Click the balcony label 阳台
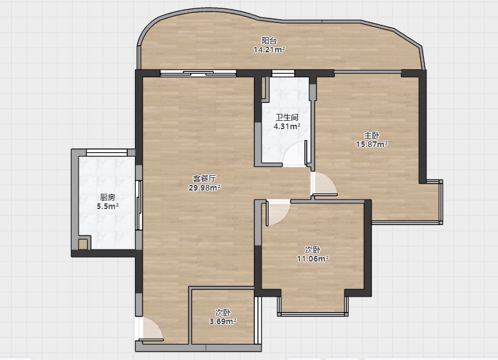point(269,41)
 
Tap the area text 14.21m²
point(269,50)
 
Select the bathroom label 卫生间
point(287,117)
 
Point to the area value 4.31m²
point(287,126)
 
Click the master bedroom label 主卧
point(371,136)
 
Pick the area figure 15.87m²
point(371,145)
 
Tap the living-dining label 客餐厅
point(205,178)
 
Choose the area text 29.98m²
point(205,187)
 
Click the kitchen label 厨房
point(107,198)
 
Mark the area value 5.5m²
point(107,206)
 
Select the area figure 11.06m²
point(313,258)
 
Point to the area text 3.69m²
point(222,321)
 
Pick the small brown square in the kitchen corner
point(82,244)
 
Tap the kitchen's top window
point(107,153)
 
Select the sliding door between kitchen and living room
point(139,205)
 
